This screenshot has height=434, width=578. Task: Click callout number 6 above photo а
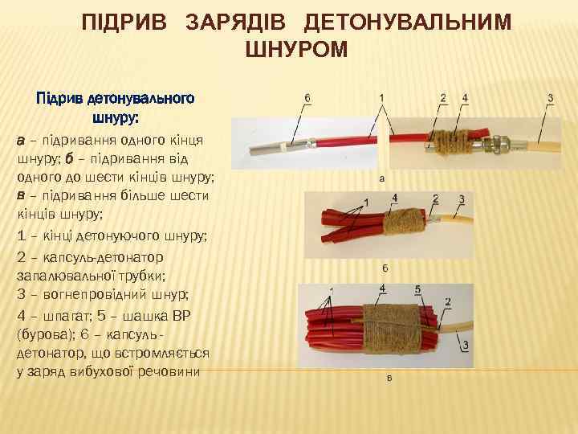point(308,98)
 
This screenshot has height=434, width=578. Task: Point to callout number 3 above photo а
point(550,98)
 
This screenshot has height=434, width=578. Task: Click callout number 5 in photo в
point(418,289)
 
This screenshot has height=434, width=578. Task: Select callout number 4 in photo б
point(394,197)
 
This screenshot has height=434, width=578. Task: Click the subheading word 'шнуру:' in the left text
point(116,118)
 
